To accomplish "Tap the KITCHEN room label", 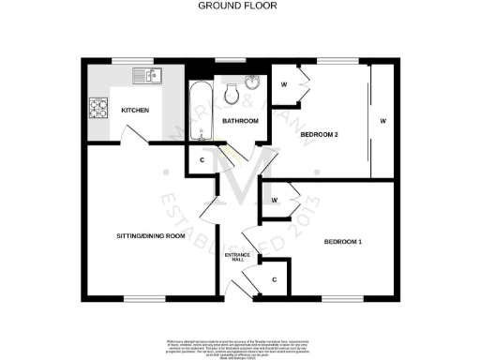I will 136,111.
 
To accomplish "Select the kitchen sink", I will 147,75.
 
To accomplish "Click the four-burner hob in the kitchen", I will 98,108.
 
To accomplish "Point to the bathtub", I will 199,112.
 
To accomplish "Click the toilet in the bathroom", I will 231,90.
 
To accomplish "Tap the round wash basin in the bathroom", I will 252,81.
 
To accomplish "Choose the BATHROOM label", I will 240,121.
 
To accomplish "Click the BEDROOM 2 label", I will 319,135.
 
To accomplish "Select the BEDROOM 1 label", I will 343,243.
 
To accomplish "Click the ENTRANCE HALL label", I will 234,257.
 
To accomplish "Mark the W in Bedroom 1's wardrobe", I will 274,201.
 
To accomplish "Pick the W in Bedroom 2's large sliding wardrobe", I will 382,122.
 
